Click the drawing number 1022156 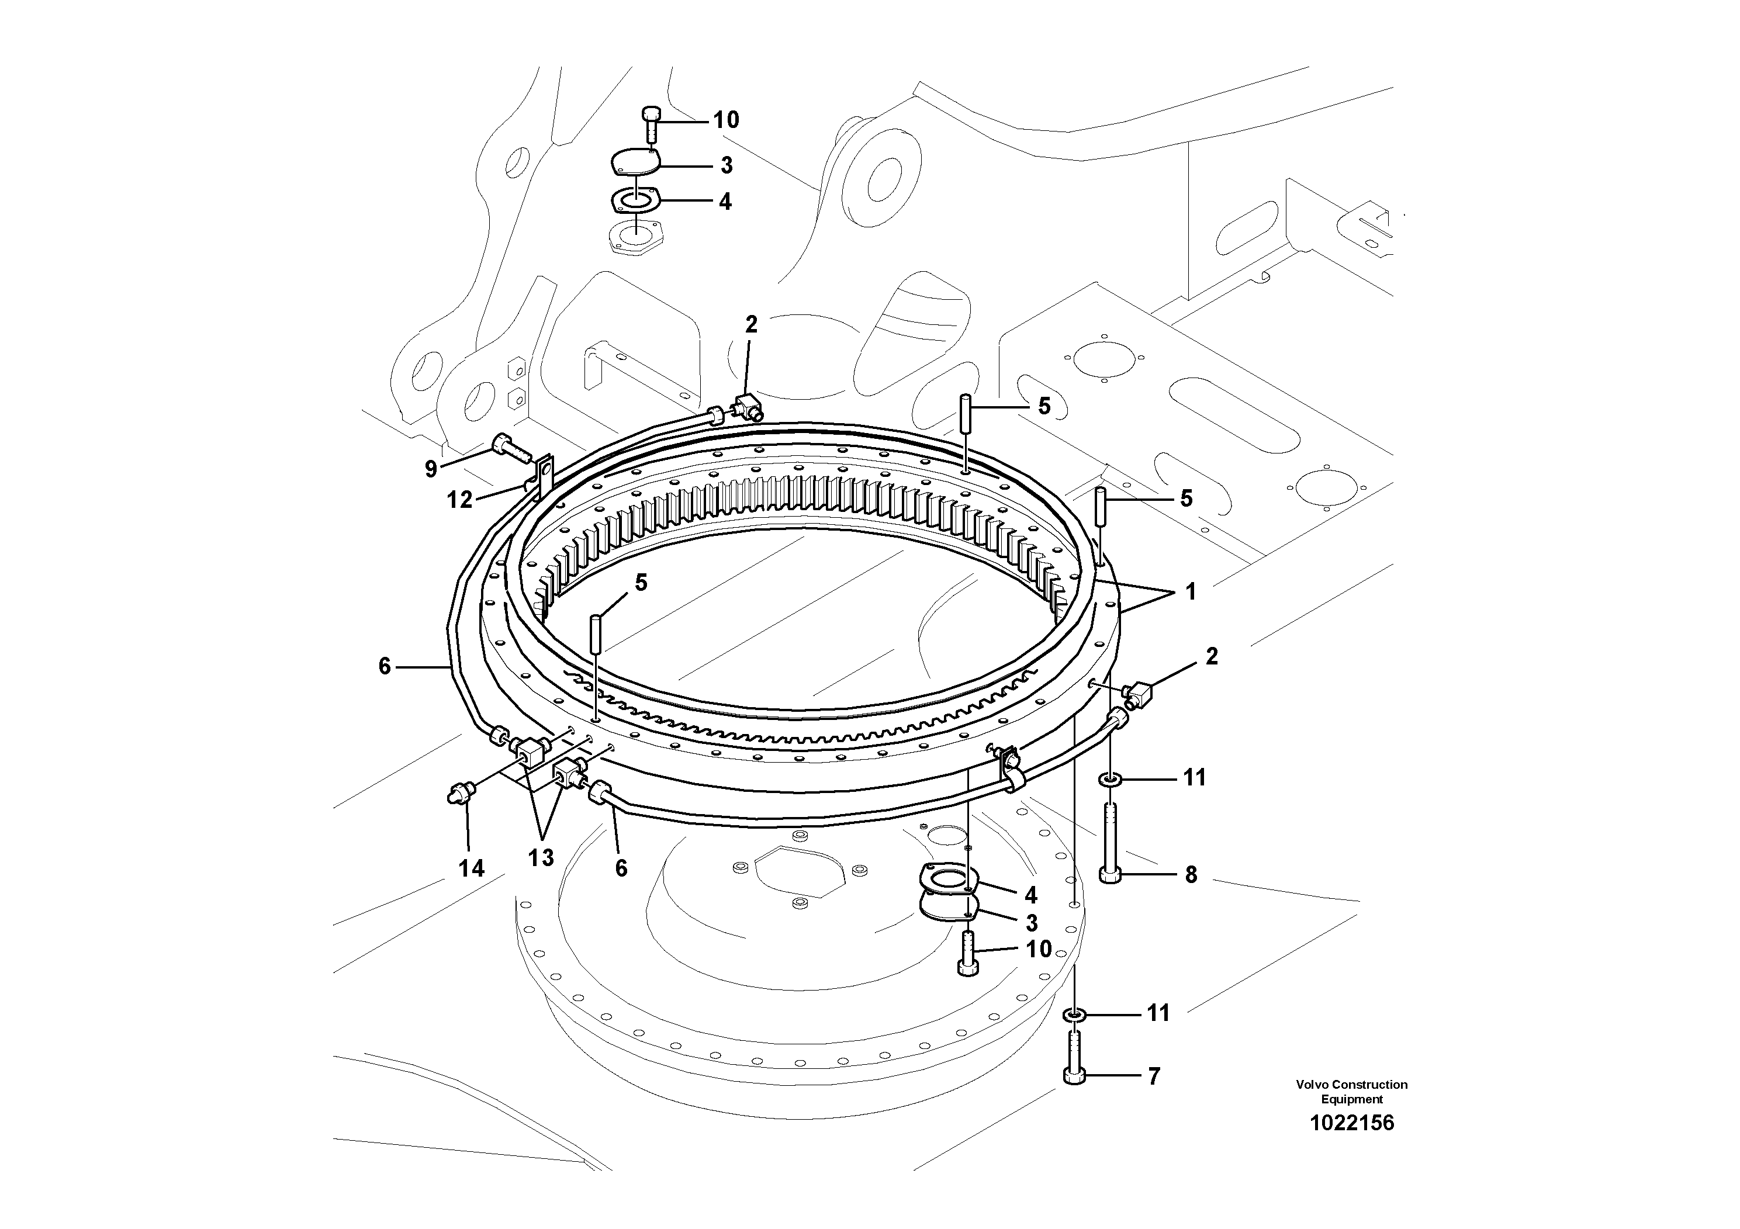[1351, 1123]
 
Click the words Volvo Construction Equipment [1351, 1092]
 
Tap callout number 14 [471, 868]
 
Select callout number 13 [541, 858]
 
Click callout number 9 [430, 469]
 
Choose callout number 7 [1153, 1076]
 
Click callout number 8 [1191, 875]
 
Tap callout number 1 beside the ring [1191, 592]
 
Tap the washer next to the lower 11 [1074, 1014]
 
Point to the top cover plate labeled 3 [634, 164]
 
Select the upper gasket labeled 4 [635, 201]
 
